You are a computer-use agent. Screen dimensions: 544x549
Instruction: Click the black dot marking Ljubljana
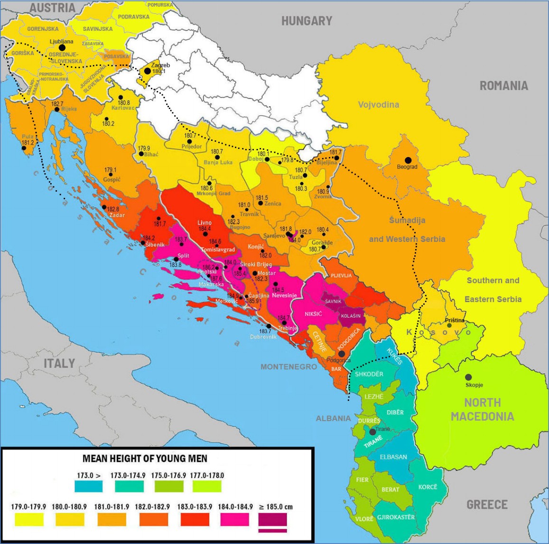click(62, 48)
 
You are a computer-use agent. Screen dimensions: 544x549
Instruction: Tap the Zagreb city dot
click(148, 71)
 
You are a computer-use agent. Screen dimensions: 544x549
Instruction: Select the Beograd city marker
click(407, 160)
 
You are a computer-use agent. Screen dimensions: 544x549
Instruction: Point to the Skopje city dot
click(468, 377)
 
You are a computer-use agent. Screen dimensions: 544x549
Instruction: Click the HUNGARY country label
click(307, 21)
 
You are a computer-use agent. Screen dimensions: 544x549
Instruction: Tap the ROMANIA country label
click(503, 86)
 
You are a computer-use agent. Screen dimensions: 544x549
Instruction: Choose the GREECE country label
click(487, 504)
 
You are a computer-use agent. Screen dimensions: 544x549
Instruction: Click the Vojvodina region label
click(378, 105)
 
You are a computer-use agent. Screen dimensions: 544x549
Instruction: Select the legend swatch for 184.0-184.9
click(234, 520)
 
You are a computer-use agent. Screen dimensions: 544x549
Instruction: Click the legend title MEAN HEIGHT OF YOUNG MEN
click(145, 459)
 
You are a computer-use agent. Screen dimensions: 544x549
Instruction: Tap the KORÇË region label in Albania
click(428, 487)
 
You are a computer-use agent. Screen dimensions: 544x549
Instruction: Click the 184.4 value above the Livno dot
click(205, 229)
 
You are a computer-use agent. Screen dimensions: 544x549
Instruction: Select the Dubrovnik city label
click(263, 337)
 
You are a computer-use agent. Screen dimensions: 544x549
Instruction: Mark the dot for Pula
click(23, 148)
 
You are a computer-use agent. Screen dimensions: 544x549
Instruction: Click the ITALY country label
click(59, 363)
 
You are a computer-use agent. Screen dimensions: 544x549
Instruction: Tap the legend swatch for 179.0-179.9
click(29, 520)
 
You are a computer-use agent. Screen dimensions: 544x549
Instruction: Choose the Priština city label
click(455, 321)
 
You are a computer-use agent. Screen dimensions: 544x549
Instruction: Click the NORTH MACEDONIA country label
click(482, 410)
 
